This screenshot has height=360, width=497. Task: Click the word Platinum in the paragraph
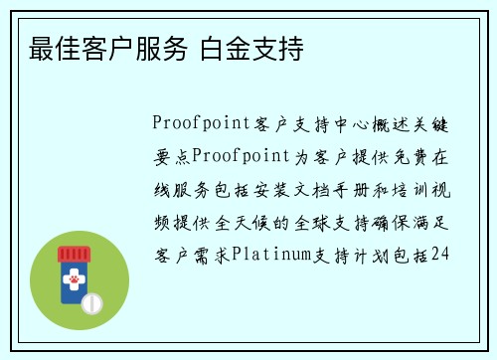click(269, 255)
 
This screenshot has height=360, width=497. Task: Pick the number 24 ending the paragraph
click(441, 255)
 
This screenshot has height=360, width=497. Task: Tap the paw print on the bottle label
click(73, 281)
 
